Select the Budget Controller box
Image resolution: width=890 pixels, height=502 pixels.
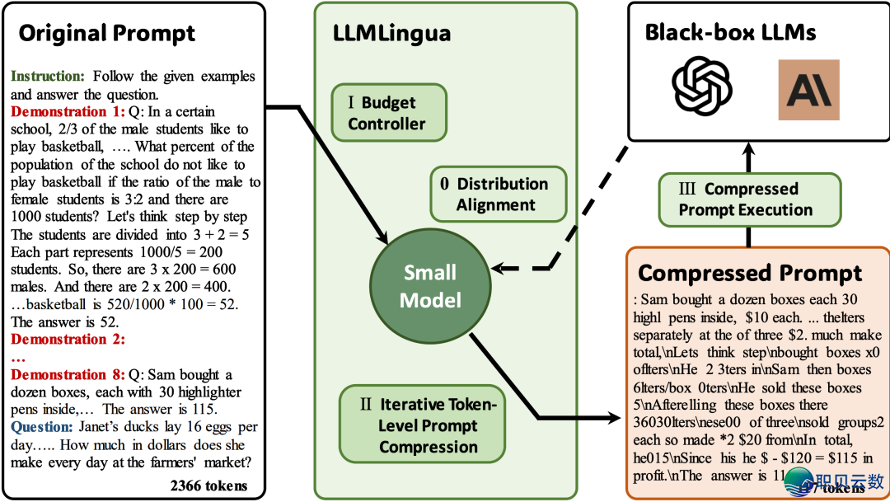[387, 113]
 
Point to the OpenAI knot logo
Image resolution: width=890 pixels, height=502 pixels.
[702, 90]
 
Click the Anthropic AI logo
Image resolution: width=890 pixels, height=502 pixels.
[808, 90]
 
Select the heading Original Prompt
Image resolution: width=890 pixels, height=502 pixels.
[107, 34]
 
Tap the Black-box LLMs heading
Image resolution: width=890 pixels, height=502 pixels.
[730, 32]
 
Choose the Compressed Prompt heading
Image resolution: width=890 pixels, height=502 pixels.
[750, 273]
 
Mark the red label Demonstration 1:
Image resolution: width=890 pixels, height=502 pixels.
[67, 111]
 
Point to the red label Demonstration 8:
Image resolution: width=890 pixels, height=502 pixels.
[67, 374]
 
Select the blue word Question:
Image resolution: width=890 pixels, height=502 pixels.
[43, 427]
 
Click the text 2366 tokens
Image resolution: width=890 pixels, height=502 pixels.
[208, 485]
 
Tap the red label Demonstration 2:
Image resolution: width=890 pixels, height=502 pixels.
[67, 340]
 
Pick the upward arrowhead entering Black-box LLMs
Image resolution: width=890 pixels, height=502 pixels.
[749, 149]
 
